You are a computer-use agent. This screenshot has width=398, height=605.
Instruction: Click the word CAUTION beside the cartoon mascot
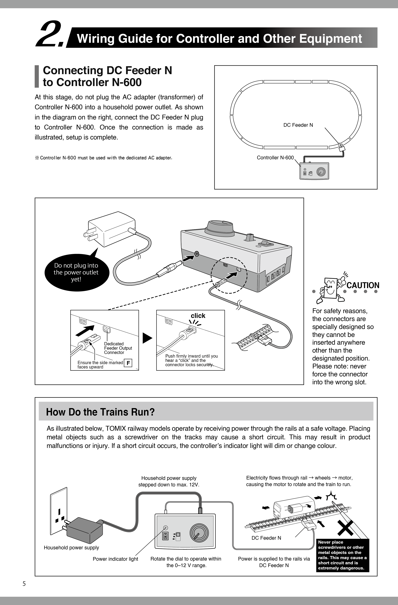[x=363, y=286]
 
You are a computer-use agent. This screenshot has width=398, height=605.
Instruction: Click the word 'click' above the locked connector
[x=198, y=316]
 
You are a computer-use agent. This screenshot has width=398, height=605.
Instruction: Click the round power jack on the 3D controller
[x=196, y=254]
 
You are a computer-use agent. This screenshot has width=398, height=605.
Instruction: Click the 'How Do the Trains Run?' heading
[x=100, y=412]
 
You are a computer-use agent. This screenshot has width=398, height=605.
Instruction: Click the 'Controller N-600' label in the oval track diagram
[x=275, y=158]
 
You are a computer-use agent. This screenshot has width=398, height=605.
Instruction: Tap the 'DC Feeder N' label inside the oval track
[x=298, y=125]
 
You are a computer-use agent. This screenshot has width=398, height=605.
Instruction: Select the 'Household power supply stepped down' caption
[x=169, y=481]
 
